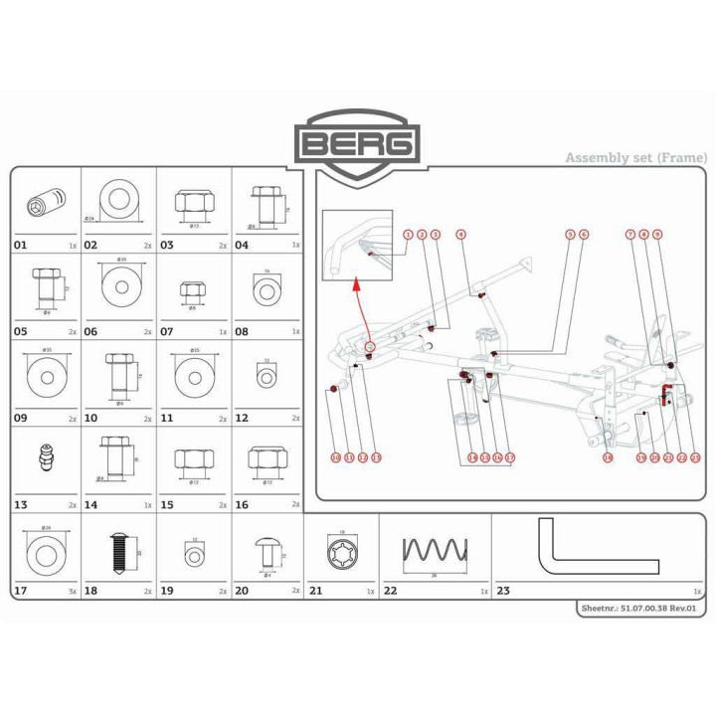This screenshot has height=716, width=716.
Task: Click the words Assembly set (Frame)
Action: point(636,157)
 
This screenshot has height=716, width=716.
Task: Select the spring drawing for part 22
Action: point(434,550)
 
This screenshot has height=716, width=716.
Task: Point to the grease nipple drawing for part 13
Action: point(44,458)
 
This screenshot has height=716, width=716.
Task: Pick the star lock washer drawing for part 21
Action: point(341,550)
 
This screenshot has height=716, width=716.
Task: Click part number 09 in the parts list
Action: point(21,419)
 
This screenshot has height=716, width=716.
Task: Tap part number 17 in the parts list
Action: point(21,592)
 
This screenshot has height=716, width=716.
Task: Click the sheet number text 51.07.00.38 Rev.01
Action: point(641,609)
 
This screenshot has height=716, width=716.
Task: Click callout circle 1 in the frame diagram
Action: point(408,234)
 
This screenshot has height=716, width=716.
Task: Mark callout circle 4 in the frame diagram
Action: point(460,234)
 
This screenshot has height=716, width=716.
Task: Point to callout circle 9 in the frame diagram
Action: point(657,234)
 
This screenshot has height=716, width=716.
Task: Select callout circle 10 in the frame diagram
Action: point(336,457)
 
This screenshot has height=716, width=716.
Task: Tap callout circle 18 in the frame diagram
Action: point(607,457)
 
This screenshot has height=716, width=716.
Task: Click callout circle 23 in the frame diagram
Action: point(695,457)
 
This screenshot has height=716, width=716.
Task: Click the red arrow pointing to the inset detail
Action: point(360,310)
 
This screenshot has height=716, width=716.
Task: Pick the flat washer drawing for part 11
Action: point(193,376)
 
